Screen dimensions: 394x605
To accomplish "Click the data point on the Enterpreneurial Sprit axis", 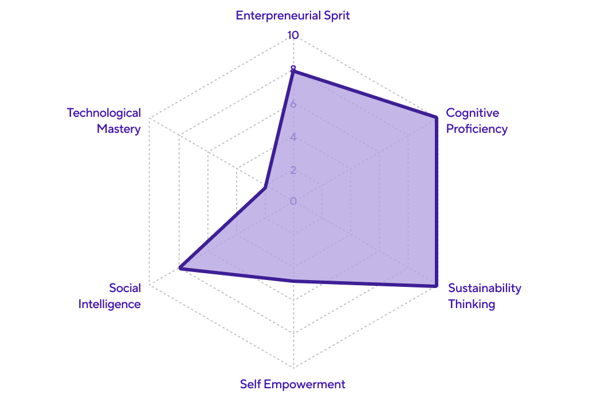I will coord(293,69).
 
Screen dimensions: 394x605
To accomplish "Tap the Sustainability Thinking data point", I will coord(435,285).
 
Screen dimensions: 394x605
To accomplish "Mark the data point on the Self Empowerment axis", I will coord(293,281).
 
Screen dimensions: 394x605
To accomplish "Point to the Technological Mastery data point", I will coord(265,187).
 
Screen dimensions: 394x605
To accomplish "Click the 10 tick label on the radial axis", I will coord(293,35).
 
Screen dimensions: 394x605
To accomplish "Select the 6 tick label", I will coord(293,104).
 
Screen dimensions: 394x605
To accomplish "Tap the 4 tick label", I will coord(293,137).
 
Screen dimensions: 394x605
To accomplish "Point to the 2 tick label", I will coord(293,170).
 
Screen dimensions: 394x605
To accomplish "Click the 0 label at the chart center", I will coord(293,201).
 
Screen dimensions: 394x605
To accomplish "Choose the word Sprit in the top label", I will coord(337,15).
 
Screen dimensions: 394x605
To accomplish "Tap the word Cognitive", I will coord(473,113).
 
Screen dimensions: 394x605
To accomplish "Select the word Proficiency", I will coord(477,129).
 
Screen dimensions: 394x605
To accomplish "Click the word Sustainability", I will coord(485,288).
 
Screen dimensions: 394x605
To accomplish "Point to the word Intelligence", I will coord(109,304).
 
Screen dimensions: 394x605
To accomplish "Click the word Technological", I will coord(104,113).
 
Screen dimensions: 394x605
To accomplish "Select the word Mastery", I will coord(119,129).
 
